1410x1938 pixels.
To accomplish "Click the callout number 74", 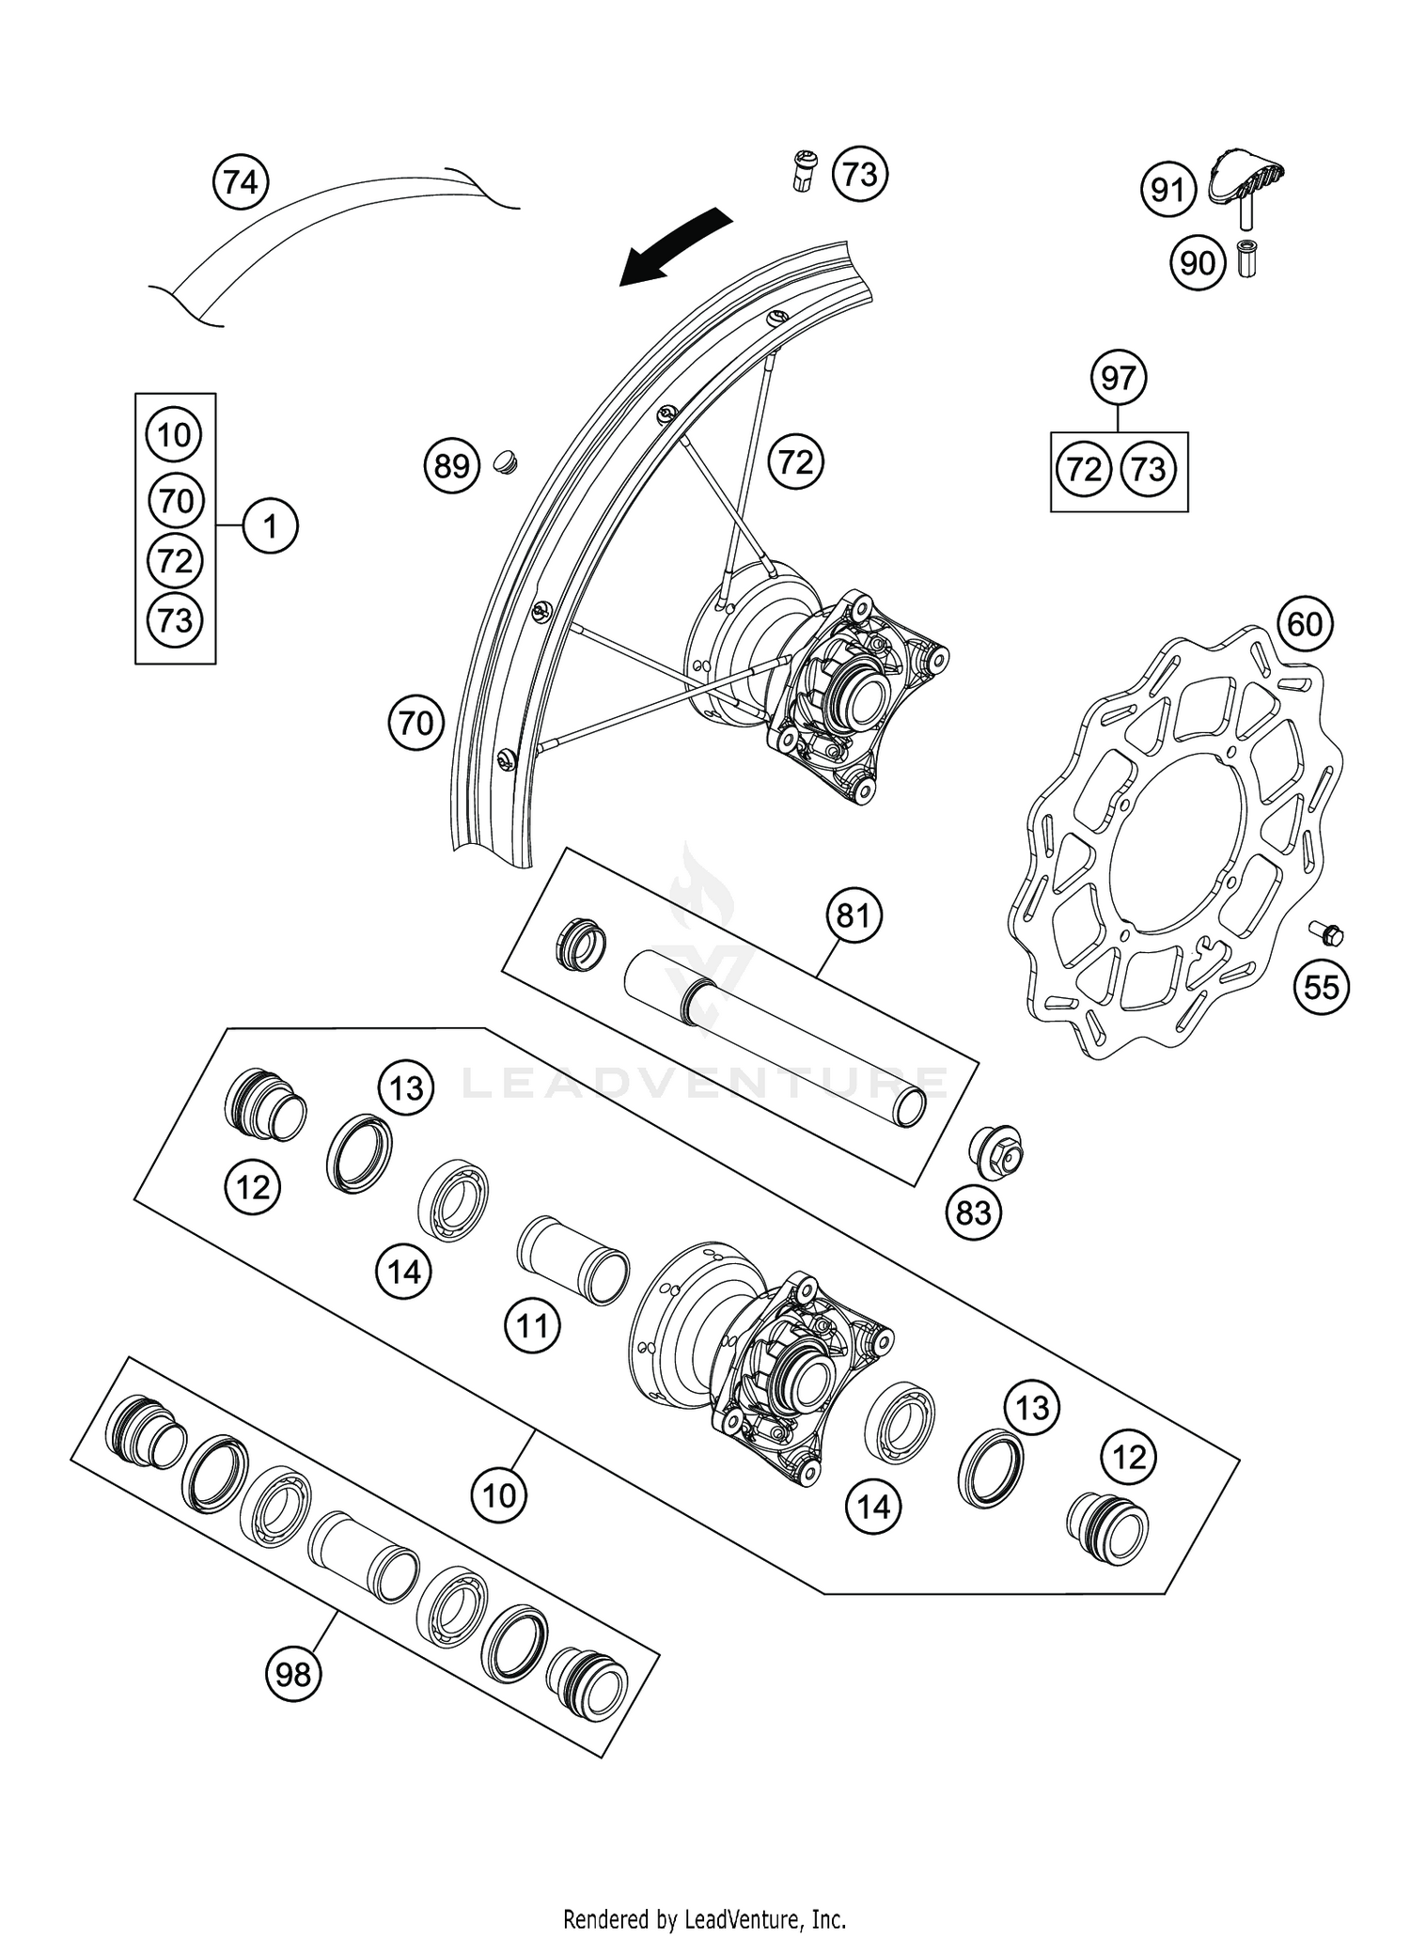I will pos(242,182).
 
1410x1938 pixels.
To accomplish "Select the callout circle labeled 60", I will pos(1305,624).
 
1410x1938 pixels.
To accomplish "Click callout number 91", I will pos(1167,191).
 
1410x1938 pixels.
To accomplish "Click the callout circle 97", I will pos(1119,379).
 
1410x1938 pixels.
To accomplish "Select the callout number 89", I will pos(451,465).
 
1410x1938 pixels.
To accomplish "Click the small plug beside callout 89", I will pos(507,461).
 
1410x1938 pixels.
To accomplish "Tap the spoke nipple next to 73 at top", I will pos(803,171).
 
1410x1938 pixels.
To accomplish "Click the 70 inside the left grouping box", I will pos(176,501).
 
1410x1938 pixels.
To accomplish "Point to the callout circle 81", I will pos(854,915).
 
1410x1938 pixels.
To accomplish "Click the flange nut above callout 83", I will pos(995,1151).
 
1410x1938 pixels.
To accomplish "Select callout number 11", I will pos(532,1326).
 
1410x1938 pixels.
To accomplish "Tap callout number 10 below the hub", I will pos(499,1494).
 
